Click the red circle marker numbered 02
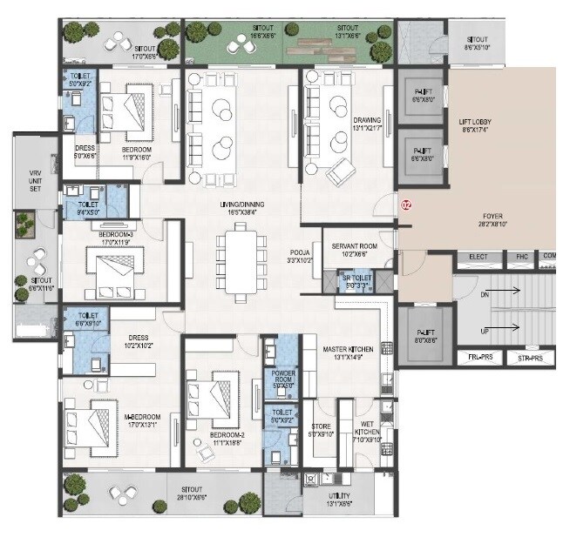[404, 206]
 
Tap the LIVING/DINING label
[241, 208]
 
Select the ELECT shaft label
[478, 257]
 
